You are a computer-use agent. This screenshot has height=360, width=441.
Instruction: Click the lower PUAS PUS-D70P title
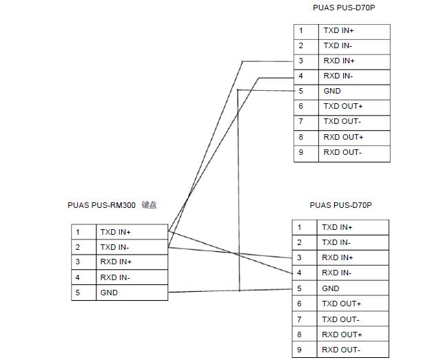click(341, 205)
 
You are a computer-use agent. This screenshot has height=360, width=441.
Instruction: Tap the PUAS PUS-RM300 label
click(101, 205)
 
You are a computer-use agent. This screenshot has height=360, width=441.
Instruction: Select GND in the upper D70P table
click(332, 91)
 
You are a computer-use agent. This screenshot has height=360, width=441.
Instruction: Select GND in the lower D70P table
click(331, 288)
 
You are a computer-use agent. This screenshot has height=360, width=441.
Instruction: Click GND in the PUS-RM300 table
click(109, 293)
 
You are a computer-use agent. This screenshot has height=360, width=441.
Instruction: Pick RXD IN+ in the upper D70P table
click(338, 61)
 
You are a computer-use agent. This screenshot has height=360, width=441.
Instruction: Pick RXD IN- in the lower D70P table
click(336, 273)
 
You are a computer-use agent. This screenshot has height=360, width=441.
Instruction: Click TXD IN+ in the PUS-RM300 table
click(115, 232)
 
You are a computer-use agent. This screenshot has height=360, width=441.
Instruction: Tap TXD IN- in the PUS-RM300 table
click(114, 247)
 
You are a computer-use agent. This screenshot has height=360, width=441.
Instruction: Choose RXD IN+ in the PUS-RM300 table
click(116, 262)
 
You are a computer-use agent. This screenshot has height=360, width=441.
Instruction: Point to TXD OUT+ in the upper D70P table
click(342, 106)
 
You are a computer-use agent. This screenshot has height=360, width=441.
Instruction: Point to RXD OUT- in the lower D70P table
click(341, 350)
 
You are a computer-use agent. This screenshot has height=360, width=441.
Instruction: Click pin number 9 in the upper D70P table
click(301, 152)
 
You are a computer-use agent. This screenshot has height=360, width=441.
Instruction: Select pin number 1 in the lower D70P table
click(299, 227)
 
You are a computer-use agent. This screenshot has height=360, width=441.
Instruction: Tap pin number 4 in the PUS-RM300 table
click(78, 277)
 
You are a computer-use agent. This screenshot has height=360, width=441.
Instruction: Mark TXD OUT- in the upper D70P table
click(342, 121)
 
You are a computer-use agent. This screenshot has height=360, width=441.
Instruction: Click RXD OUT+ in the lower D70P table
click(342, 335)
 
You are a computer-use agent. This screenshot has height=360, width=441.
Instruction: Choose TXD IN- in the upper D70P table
click(338, 45)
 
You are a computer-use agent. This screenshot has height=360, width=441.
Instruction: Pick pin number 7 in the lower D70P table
click(299, 319)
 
